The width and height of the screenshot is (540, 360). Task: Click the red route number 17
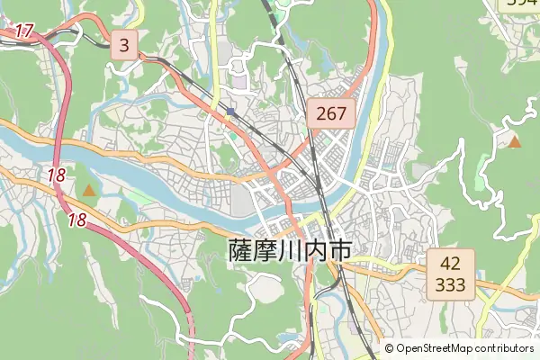pos(24,31)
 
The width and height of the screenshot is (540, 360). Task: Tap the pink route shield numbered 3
pos(124,44)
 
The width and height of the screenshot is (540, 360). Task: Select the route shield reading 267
pos(332,112)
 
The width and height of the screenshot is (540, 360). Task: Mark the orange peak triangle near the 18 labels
pos(89,190)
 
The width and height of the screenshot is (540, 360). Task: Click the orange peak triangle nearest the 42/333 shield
pos(515,141)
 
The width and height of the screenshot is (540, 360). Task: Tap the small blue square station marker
pos(231,112)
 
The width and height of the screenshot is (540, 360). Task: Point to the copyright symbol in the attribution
pos(390,348)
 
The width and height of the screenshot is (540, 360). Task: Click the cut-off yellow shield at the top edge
pos(520,4)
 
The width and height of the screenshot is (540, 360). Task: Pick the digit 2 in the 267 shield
pos(319,112)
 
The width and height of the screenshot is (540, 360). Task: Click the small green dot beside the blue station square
pos(232,135)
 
